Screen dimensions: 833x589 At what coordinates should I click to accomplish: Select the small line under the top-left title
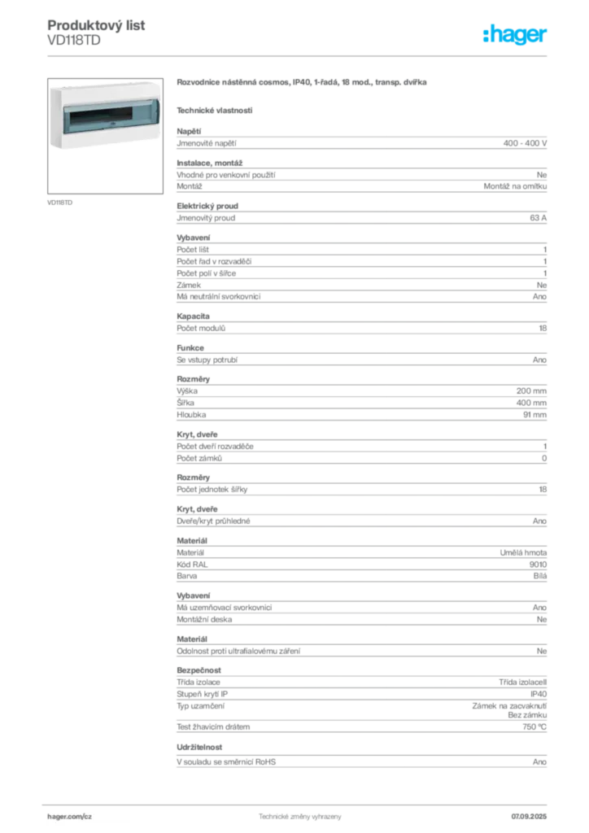click(x=81, y=37)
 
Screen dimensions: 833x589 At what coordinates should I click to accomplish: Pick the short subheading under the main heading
click(x=215, y=110)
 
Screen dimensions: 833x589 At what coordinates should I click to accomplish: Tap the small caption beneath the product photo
click(x=62, y=202)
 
